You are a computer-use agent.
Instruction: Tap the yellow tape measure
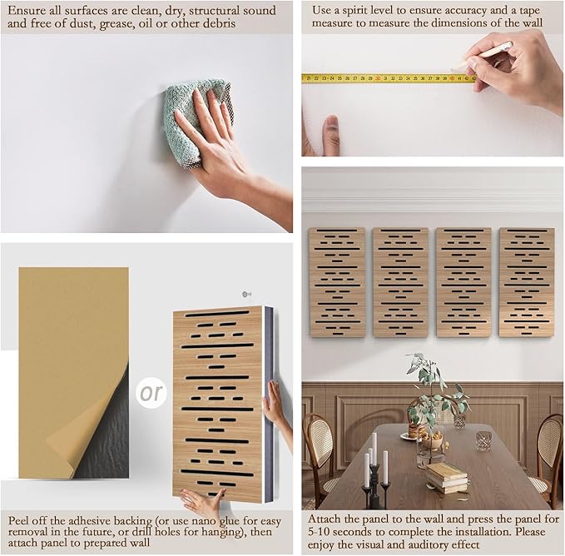click(x=389, y=78)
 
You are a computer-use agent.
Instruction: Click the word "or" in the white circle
click(x=151, y=393)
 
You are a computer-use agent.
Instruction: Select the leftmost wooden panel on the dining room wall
click(x=337, y=282)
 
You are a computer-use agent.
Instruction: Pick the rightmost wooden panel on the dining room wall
click(x=527, y=282)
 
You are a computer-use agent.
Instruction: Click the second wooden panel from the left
click(x=401, y=282)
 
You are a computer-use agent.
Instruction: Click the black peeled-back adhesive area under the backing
click(x=105, y=433)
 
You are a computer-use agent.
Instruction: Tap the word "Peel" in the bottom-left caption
click(x=19, y=521)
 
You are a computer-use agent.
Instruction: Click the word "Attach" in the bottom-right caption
click(x=324, y=519)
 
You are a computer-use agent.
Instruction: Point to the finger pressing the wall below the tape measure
click(x=331, y=134)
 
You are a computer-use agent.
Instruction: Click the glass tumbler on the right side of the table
click(x=483, y=440)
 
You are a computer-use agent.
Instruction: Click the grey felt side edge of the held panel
click(x=269, y=404)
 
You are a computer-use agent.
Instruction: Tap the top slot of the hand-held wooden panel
click(x=217, y=314)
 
